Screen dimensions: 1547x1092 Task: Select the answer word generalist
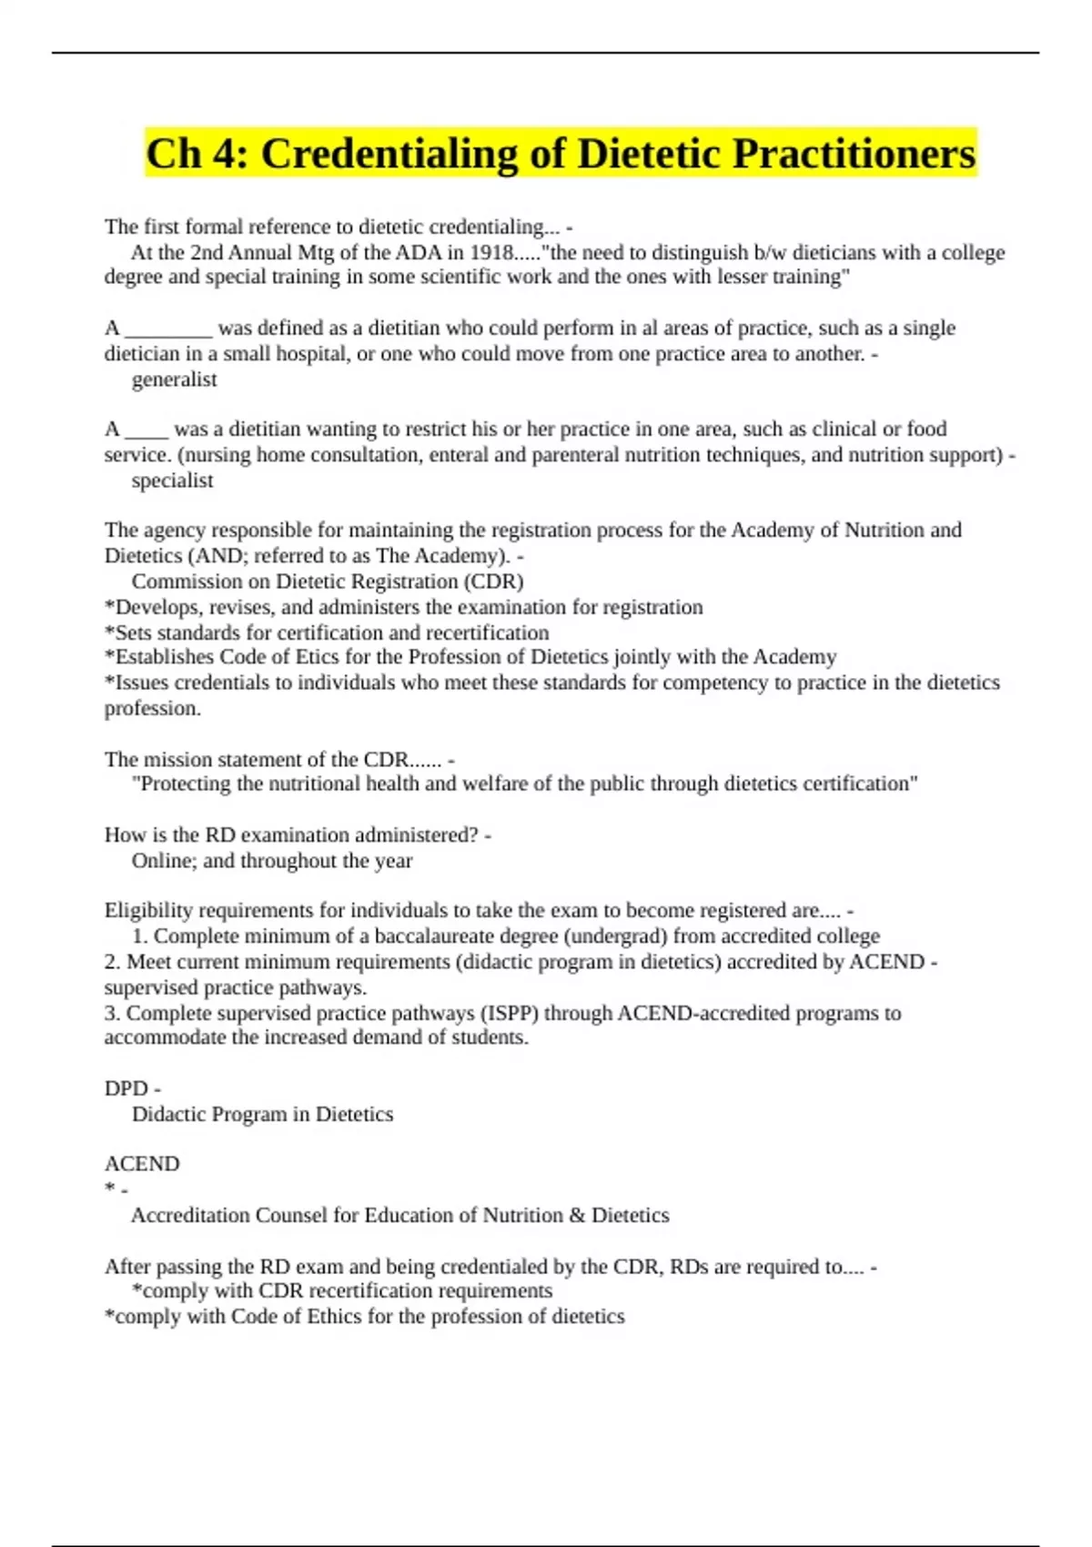point(174,379)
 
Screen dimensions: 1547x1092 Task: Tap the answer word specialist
point(172,480)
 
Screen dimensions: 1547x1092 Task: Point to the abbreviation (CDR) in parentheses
point(494,581)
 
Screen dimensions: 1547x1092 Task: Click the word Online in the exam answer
point(161,861)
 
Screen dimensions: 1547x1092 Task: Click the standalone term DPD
point(126,1088)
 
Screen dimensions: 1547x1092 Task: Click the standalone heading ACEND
point(142,1164)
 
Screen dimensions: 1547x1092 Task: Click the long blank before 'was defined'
point(168,329)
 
